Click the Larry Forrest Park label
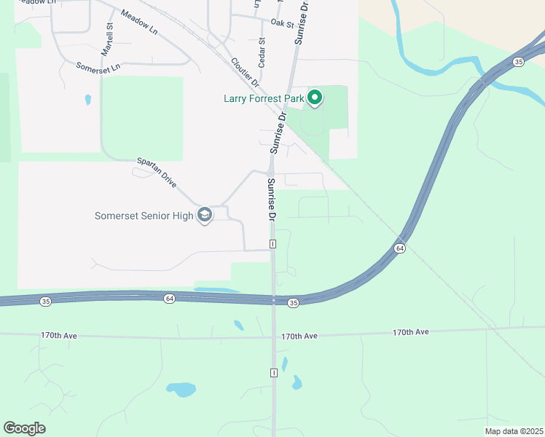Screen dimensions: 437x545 point(264,98)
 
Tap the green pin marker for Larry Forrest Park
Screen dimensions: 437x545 point(315,97)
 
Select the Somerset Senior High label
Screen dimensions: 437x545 point(144,216)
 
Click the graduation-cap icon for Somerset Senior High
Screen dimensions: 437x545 point(205,216)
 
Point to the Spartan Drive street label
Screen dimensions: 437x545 point(157,173)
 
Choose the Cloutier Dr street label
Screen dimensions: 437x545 point(244,73)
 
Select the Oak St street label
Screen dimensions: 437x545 point(281,24)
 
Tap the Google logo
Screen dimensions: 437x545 point(24,428)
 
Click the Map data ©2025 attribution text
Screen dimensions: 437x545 point(514,431)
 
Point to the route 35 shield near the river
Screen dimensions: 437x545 point(518,63)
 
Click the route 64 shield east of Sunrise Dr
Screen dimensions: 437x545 point(399,248)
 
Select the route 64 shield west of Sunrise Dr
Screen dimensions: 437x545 point(169,299)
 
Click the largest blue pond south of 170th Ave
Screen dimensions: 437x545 point(181,389)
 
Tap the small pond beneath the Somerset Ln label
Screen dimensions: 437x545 point(88,99)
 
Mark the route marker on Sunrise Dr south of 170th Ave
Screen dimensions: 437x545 point(274,373)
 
